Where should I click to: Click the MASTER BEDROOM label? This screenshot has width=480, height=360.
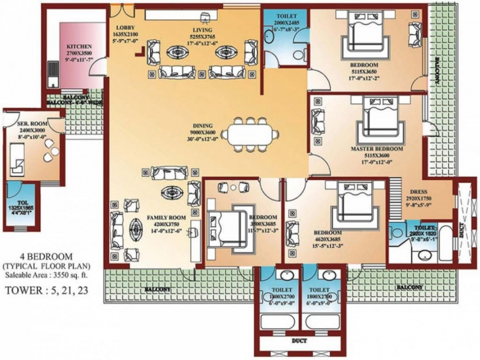click(377, 148)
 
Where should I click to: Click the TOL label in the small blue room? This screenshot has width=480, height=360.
click(20, 203)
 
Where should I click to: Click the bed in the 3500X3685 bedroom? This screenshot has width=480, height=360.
click(227, 220)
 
